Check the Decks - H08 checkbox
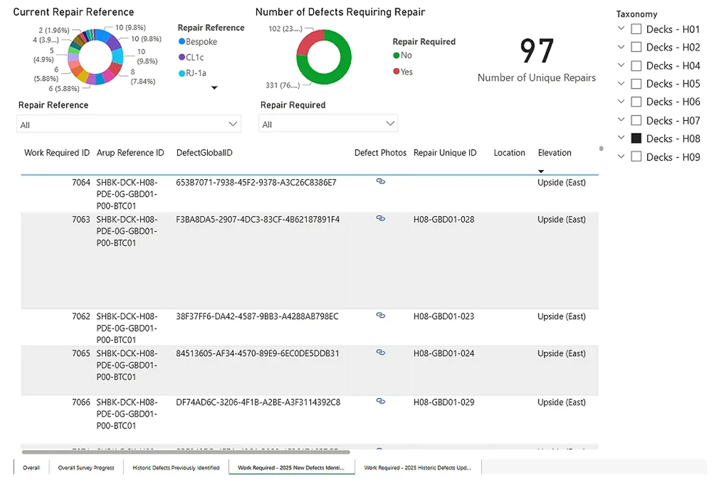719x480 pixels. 636,138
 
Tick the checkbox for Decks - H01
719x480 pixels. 636,29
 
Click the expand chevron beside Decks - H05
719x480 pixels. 621,83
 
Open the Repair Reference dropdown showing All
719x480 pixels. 129,124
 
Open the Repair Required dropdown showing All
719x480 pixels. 328,124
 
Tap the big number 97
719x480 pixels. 536,52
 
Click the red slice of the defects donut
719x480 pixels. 309,42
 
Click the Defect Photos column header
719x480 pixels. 380,153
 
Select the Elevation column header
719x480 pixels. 554,153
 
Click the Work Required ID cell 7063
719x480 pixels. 81,220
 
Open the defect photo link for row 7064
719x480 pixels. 380,181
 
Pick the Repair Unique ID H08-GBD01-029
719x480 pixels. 443,402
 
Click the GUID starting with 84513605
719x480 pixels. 258,353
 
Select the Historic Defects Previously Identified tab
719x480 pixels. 176,467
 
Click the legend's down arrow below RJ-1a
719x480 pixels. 215,88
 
